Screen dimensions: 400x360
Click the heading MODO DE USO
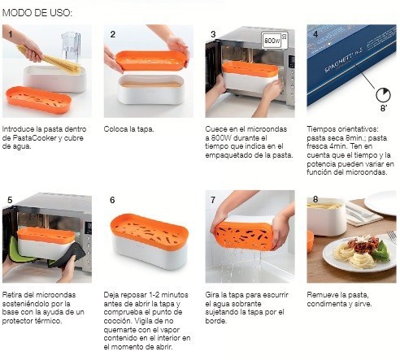click(37, 13)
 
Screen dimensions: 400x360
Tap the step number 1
click(10, 34)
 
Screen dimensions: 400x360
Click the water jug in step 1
click(71, 47)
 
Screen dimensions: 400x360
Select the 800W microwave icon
click(275, 41)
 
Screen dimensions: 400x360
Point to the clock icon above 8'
click(383, 95)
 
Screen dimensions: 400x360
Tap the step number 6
click(112, 200)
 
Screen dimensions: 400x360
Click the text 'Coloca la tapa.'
click(128, 129)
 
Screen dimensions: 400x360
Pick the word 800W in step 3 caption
click(221, 138)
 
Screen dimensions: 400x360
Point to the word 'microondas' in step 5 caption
click(56, 294)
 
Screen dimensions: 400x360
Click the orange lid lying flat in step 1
click(38, 99)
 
